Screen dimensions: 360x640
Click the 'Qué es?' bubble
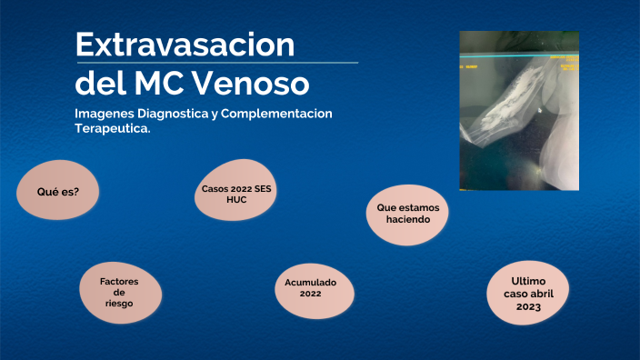[56, 192]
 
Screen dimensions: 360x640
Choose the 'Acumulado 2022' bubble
[310, 288]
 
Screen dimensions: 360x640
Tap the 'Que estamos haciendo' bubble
[407, 214]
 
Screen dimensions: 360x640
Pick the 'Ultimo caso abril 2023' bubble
[527, 294]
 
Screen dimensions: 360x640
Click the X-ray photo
[518, 111]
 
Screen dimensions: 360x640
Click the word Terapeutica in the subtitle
[112, 129]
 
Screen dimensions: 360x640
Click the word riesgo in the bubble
[119, 305]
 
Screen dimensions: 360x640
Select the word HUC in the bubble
[236, 199]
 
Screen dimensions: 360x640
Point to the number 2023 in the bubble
[527, 307]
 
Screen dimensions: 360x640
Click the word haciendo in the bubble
[407, 220]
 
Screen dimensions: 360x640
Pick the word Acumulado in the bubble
[310, 282]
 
